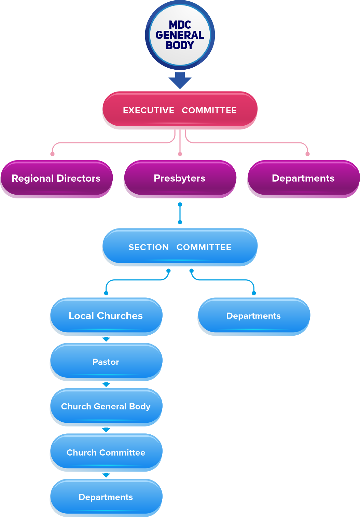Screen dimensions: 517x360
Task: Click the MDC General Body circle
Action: pyautogui.click(x=180, y=35)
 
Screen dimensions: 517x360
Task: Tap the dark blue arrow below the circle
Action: pyautogui.click(x=180, y=81)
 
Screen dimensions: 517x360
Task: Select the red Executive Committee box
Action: pyautogui.click(x=180, y=110)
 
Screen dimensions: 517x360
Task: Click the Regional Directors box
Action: pyautogui.click(x=56, y=178)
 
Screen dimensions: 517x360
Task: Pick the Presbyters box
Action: pyautogui.click(x=180, y=178)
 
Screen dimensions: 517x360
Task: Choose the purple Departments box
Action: pyautogui.click(x=303, y=178)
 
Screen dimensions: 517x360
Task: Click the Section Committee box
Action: pyautogui.click(x=180, y=247)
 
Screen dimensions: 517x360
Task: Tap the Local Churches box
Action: pyautogui.click(x=106, y=316)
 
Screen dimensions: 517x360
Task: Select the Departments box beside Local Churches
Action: pyautogui.click(x=254, y=316)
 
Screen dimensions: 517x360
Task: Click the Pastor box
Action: pyautogui.click(x=106, y=362)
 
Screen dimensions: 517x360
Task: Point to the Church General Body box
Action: pyautogui.click(x=106, y=406)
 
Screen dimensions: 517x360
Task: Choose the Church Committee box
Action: pyautogui.click(x=106, y=452)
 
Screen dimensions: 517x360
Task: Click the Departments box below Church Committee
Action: pyautogui.click(x=106, y=497)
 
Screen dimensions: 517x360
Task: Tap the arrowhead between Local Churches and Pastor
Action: pyautogui.click(x=106, y=339)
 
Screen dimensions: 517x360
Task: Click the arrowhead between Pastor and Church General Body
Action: pyautogui.click(x=106, y=385)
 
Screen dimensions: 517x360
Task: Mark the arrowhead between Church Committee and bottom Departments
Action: pyautogui.click(x=106, y=475)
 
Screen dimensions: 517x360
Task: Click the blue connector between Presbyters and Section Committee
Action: pyautogui.click(x=180, y=213)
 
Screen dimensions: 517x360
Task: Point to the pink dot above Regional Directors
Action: pyautogui.click(x=52, y=154)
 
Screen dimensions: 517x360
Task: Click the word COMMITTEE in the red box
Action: pyautogui.click(x=209, y=110)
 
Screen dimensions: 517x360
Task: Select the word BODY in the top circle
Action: pyautogui.click(x=180, y=45)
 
